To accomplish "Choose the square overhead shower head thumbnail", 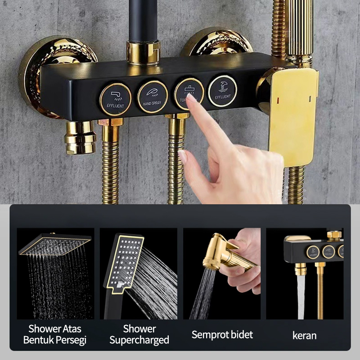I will pyautogui.click(x=55, y=246).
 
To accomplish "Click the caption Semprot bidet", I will pyautogui.click(x=222, y=334).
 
